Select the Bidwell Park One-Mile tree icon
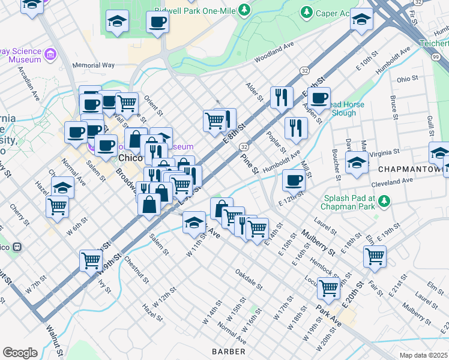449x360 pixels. click(244, 10)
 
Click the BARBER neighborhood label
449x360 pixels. click(228, 351)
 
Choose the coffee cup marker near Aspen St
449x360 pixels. click(319, 97)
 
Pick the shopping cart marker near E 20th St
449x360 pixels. click(375, 256)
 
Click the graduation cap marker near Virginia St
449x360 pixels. click(357, 162)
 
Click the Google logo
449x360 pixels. click(20, 352)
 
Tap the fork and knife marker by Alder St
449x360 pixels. click(281, 96)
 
